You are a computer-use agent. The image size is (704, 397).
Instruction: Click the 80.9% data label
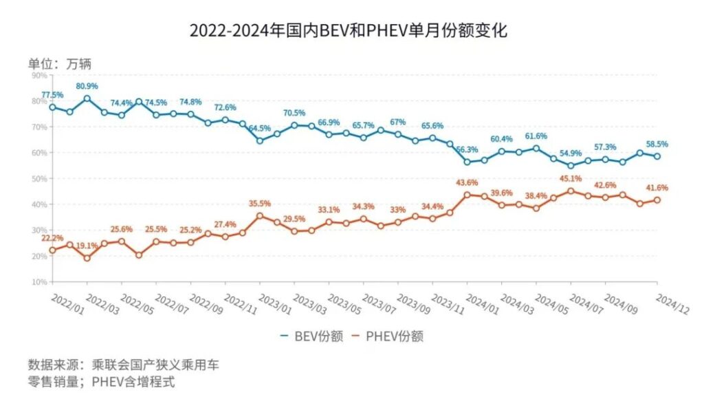tap(87, 86)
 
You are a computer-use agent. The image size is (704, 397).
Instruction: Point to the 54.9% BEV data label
tap(570, 153)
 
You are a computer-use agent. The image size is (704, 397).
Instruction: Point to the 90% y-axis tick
tap(38, 75)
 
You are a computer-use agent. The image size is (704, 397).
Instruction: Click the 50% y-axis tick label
tap(38, 178)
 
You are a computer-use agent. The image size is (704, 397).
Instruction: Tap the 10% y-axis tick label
tap(38, 281)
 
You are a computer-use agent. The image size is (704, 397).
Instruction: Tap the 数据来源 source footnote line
tap(124, 364)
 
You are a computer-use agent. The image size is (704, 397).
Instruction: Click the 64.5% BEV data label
tap(259, 129)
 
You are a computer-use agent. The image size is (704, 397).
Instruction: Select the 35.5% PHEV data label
tap(260, 203)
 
